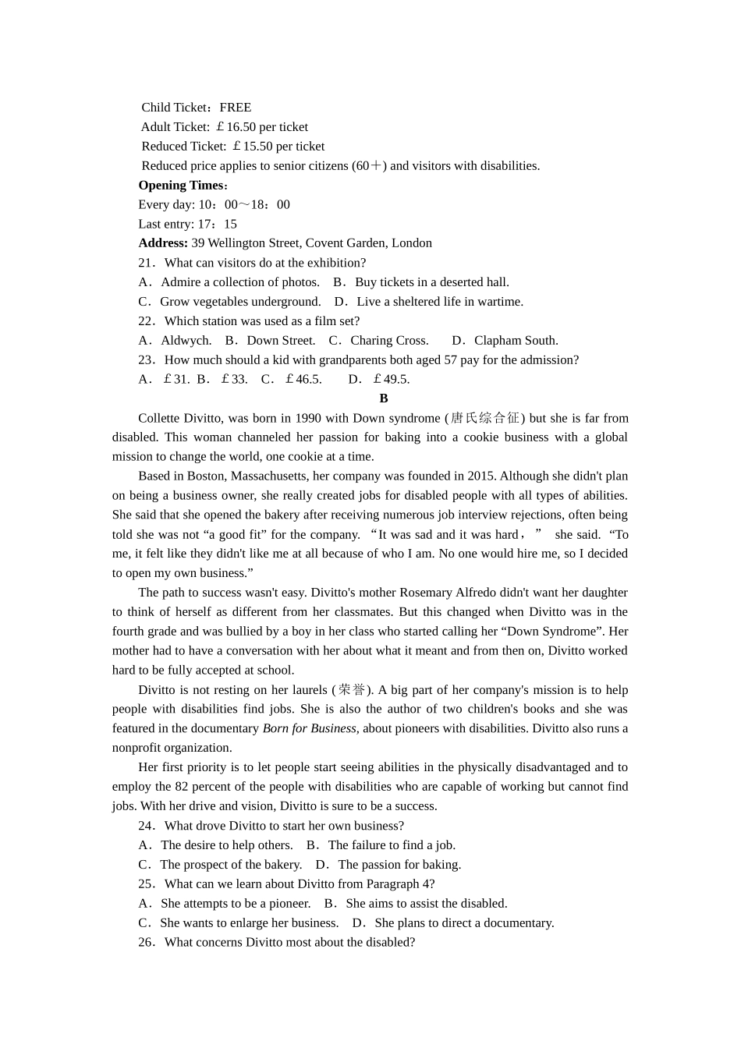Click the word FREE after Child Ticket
coord(235,108)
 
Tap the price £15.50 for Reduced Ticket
coord(251,147)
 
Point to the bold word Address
coord(162,243)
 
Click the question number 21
coord(145,263)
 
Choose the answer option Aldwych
coord(185,341)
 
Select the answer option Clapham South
coord(516,341)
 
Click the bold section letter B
coord(384,398)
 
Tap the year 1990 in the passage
coord(308,418)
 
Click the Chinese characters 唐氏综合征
coord(484,418)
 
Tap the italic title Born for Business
coord(310,729)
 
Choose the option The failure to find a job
coord(392,845)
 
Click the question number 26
coord(145,943)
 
